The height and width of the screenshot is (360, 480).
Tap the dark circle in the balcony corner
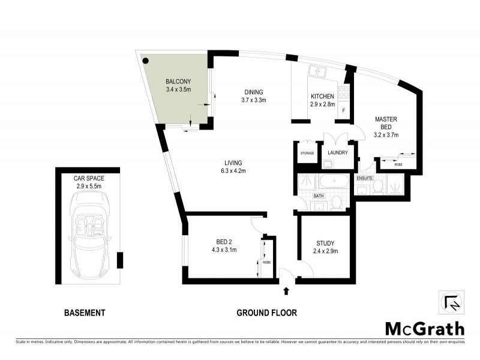145,59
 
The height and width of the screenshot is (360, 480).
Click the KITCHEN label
322,97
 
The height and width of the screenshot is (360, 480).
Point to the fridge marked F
344,112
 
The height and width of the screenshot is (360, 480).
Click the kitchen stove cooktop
344,93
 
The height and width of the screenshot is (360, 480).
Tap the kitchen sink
317,73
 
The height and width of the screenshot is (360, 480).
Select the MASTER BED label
386,123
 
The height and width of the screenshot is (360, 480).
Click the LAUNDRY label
338,153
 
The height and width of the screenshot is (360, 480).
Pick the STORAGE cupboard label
307,154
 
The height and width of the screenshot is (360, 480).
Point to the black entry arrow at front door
286,292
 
